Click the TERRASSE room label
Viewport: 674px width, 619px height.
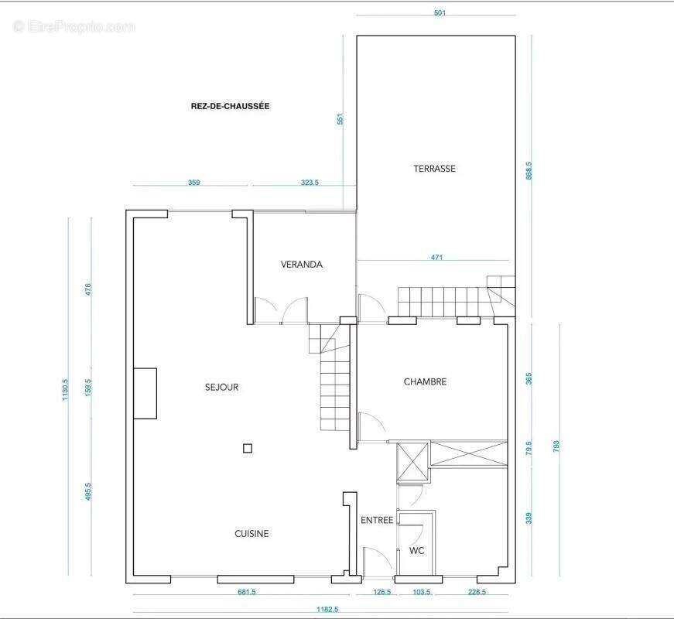(434, 169)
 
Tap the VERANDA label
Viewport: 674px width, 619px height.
(301, 265)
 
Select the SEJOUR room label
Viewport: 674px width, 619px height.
(221, 387)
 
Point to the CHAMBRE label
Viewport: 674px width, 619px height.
(425, 381)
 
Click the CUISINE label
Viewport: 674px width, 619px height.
(251, 533)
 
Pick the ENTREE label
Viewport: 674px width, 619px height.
(377, 520)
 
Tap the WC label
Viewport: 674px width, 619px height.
(416, 550)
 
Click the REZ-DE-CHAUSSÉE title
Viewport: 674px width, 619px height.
(230, 106)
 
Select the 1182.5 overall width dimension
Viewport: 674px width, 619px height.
(327, 609)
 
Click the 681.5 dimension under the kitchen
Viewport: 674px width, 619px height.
(247, 592)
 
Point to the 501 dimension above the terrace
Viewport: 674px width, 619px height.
(440, 13)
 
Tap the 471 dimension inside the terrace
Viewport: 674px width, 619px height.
(436, 258)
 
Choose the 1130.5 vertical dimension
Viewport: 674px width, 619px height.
(65, 389)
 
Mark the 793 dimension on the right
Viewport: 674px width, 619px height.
(556, 446)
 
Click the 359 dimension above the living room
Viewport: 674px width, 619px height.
(194, 183)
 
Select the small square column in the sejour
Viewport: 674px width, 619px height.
(248, 449)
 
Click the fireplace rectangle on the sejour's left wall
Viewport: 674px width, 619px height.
(145, 393)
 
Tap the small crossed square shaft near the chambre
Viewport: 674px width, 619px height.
(412, 461)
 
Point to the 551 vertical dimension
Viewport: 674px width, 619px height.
(340, 119)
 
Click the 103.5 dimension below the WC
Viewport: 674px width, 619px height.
(422, 592)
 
